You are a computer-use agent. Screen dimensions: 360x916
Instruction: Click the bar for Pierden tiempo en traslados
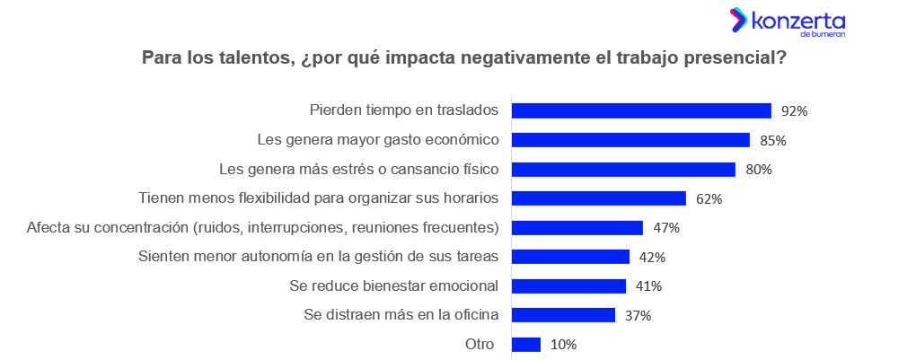click(x=641, y=110)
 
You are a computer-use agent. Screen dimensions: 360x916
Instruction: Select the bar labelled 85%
click(x=630, y=140)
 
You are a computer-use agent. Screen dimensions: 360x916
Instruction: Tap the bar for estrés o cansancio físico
click(x=623, y=169)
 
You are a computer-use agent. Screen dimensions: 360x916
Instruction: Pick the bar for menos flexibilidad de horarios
click(x=599, y=198)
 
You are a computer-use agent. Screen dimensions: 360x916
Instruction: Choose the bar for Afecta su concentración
click(x=577, y=227)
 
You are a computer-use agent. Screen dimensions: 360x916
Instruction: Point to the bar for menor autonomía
click(x=570, y=257)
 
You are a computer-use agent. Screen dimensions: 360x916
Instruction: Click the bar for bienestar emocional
click(x=568, y=285)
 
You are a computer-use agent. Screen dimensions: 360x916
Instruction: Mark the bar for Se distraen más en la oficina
click(x=563, y=315)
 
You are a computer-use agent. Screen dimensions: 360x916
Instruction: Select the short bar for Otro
click(x=526, y=344)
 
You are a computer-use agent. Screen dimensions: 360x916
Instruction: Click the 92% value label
click(x=795, y=111)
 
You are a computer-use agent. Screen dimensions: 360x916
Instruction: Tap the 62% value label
click(x=709, y=198)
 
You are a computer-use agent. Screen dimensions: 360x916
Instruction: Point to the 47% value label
click(x=666, y=228)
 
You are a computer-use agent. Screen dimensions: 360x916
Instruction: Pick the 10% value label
click(x=563, y=345)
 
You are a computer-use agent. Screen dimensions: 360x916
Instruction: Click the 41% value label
click(x=648, y=286)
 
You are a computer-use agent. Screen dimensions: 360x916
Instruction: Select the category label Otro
click(x=481, y=344)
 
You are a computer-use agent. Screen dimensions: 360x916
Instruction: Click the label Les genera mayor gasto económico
click(x=377, y=140)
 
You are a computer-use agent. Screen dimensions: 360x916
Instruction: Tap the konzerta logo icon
click(x=738, y=19)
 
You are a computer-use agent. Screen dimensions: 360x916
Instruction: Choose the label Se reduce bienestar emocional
click(x=394, y=285)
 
